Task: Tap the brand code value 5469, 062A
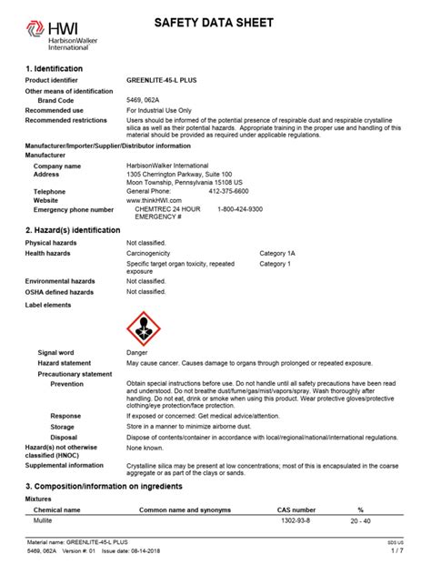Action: click(x=145, y=100)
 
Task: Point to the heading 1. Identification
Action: click(x=54, y=68)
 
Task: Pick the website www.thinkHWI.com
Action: click(x=155, y=201)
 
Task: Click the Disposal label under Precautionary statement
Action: click(x=65, y=437)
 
